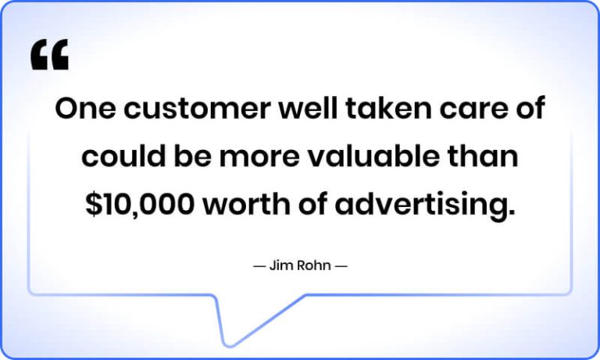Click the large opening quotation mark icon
50,55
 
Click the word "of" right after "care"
528,109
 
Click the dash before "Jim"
259,266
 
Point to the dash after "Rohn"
341,266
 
